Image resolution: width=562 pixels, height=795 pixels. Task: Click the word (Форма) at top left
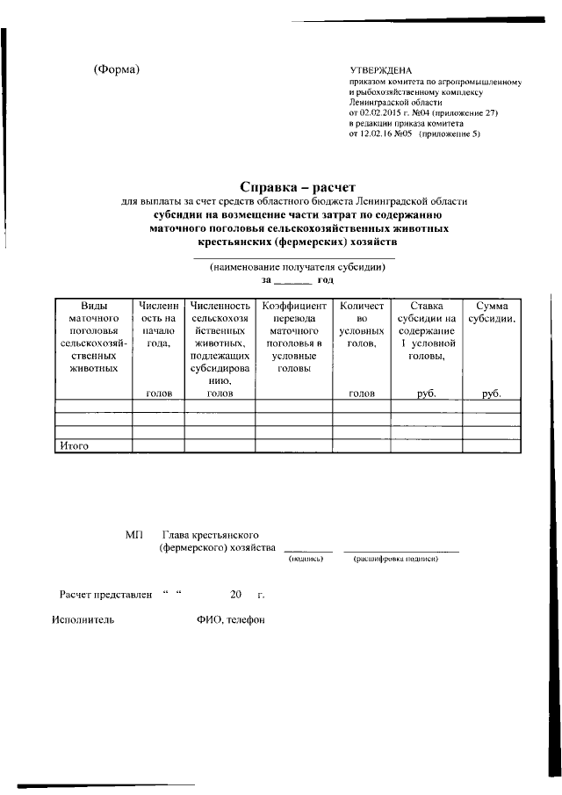pyautogui.click(x=116, y=69)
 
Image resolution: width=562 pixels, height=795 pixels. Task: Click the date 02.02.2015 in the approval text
pyautogui.click(x=384, y=113)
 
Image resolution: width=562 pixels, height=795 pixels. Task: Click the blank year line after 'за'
pyautogui.click(x=294, y=280)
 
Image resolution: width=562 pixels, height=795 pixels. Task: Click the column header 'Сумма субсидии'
pyautogui.click(x=491, y=312)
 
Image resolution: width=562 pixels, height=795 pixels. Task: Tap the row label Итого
pyautogui.click(x=75, y=446)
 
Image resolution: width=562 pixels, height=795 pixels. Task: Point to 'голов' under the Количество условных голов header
pyautogui.click(x=362, y=394)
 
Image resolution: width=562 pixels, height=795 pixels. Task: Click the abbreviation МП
pyautogui.click(x=133, y=535)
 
